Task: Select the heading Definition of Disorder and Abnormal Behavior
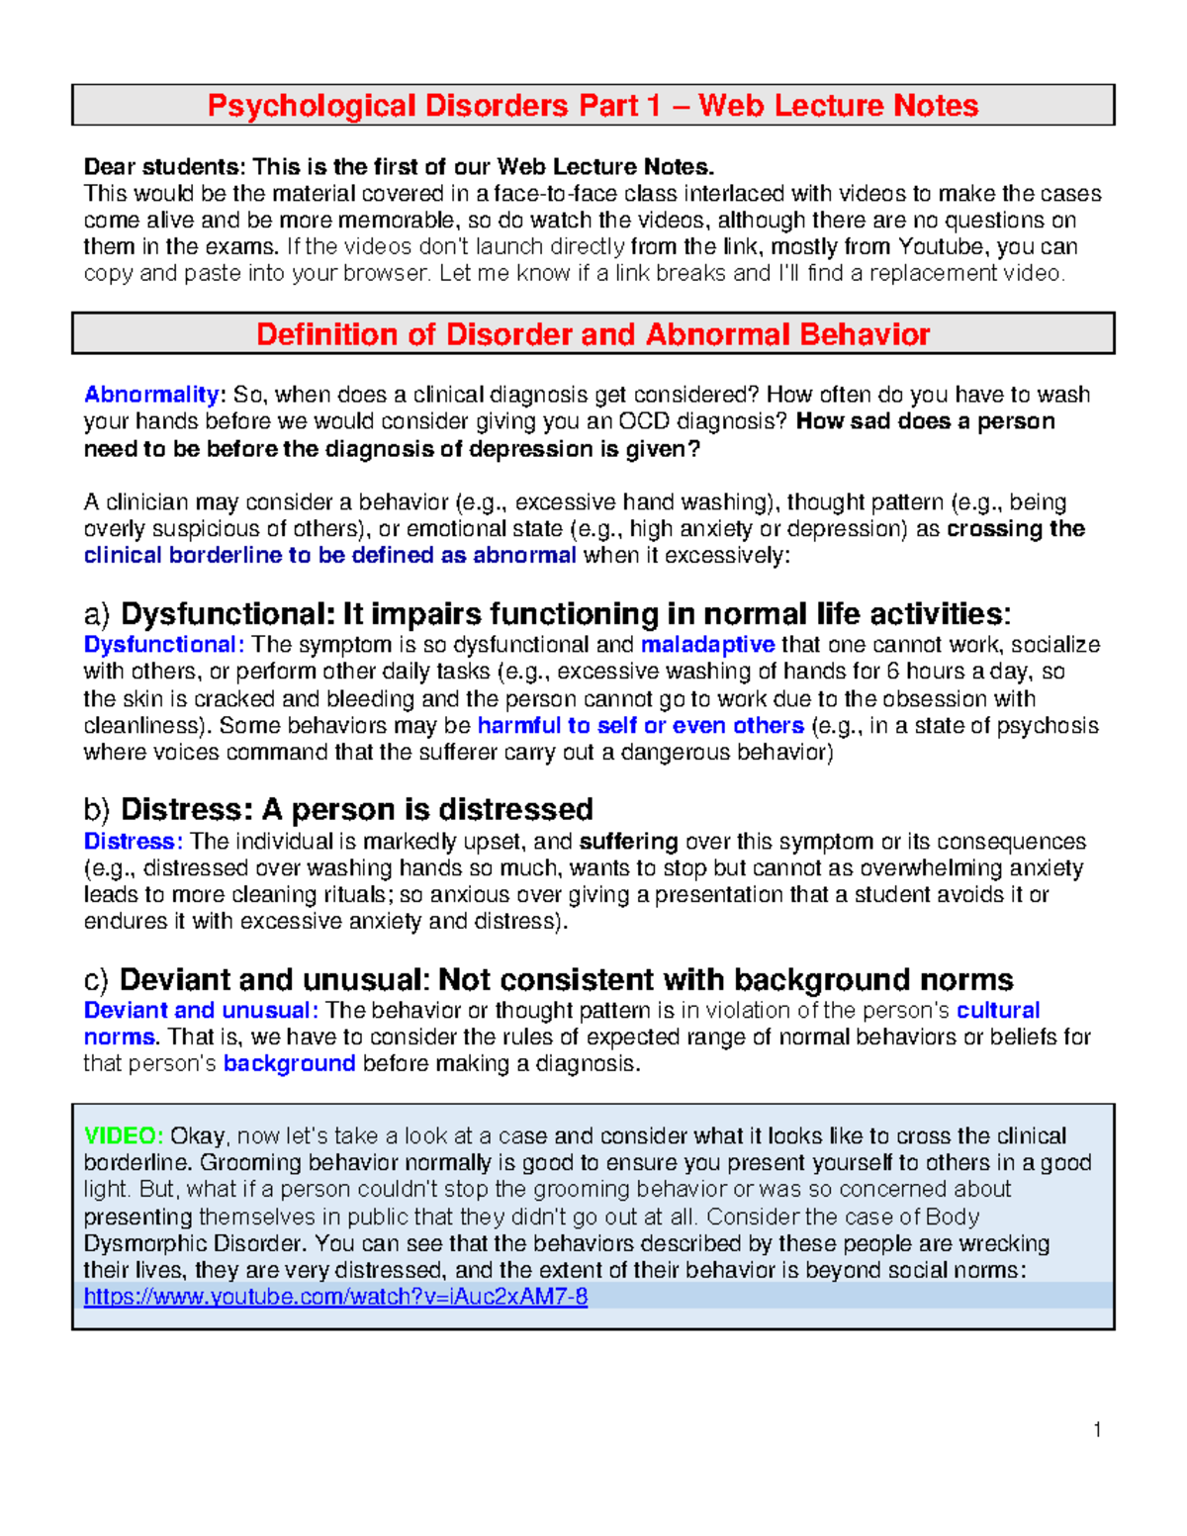pyautogui.click(x=593, y=334)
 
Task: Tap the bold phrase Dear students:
pyautogui.click(x=165, y=166)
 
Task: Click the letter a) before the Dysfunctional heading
pyautogui.click(x=98, y=614)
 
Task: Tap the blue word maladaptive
pyautogui.click(x=707, y=645)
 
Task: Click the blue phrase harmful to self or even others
pyautogui.click(x=640, y=725)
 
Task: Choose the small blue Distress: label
pyautogui.click(x=133, y=842)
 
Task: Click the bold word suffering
pyautogui.click(x=628, y=842)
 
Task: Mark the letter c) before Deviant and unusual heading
pyautogui.click(x=97, y=980)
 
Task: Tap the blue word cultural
pyautogui.click(x=997, y=1010)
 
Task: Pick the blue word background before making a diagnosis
pyautogui.click(x=289, y=1063)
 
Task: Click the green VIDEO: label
pyautogui.click(x=124, y=1135)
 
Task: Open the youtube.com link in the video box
pyautogui.click(x=335, y=1297)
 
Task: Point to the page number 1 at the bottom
pyautogui.click(x=1097, y=1429)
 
